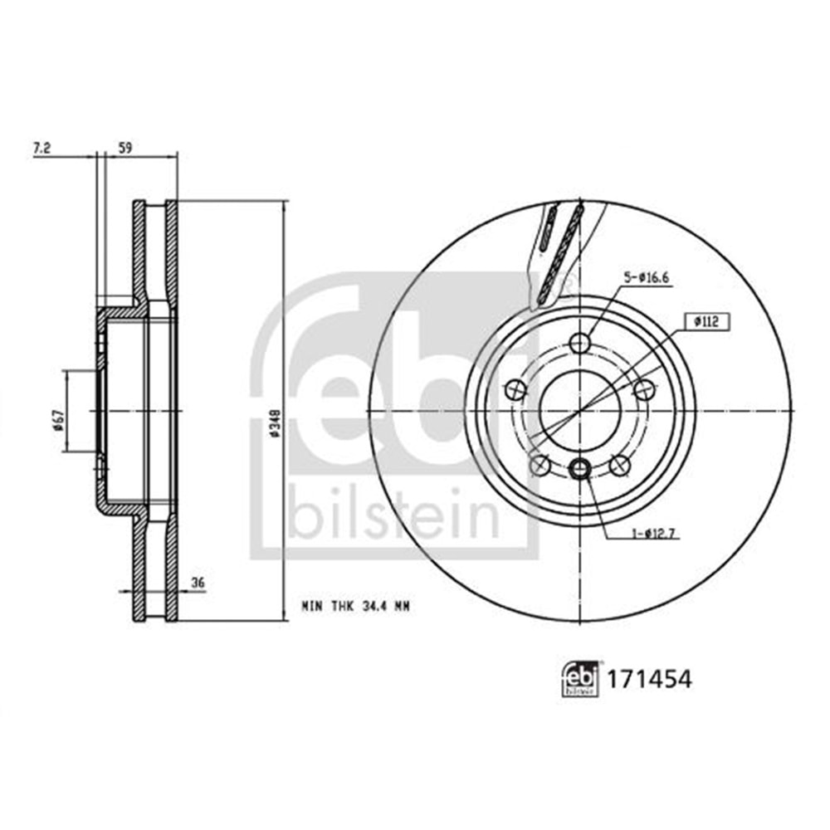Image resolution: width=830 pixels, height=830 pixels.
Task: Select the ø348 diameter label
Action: (x=275, y=411)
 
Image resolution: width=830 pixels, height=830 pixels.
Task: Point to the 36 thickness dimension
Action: (x=198, y=583)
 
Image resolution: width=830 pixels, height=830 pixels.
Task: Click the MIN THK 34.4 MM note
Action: (x=354, y=607)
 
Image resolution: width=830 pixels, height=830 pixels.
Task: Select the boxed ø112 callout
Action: (x=708, y=321)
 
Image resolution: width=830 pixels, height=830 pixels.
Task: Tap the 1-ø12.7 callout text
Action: (x=652, y=534)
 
